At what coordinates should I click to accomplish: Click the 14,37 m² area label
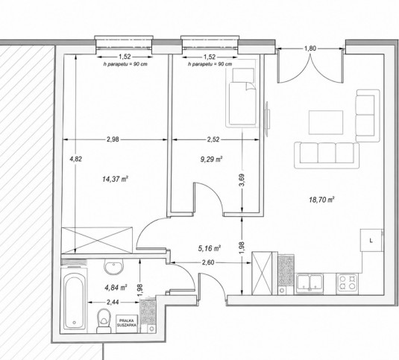coord(115,179)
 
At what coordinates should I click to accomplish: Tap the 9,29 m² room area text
coord(212,160)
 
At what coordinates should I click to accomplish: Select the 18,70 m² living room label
coord(321,200)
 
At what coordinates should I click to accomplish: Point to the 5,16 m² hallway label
coord(209,248)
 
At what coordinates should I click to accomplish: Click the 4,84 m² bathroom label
coord(116,288)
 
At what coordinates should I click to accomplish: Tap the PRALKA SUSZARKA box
coord(127,323)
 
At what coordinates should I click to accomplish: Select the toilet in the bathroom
coord(104,320)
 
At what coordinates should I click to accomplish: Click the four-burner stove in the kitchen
coord(347,282)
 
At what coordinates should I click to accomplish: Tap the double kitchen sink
coord(310,283)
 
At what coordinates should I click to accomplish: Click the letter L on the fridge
coord(371,241)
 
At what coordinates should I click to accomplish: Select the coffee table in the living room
coord(326,122)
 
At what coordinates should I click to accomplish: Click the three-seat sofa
coord(327,155)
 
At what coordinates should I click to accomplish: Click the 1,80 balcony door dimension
coord(310,48)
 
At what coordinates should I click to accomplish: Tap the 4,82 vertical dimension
coord(76,160)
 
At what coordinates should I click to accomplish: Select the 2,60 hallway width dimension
coord(208,262)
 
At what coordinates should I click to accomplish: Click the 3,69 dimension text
coord(242,180)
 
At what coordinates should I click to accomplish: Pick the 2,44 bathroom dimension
coord(113,303)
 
